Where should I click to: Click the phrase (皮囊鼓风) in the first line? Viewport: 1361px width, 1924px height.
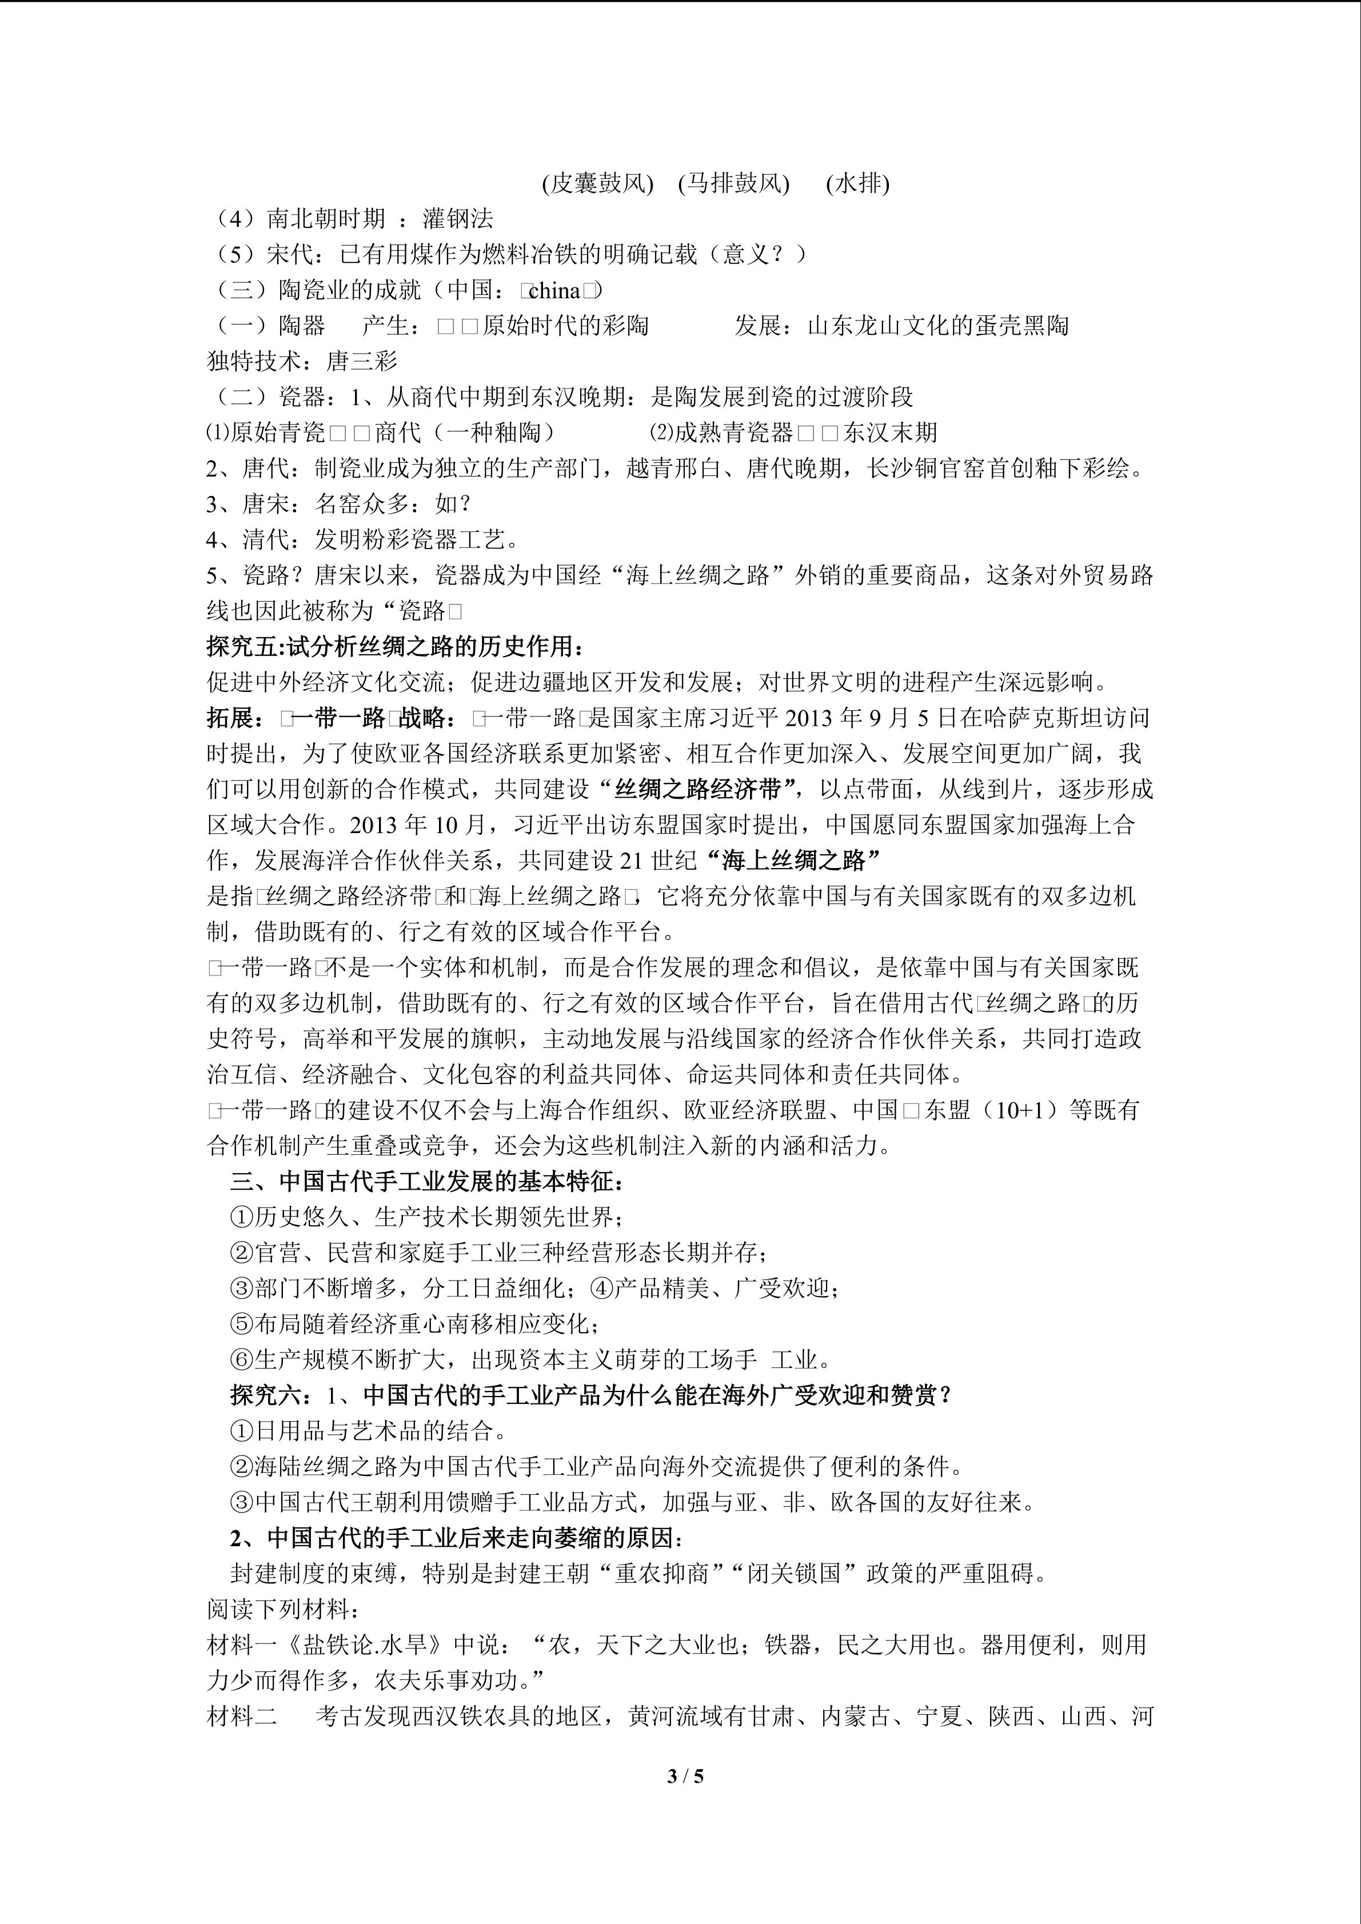597,183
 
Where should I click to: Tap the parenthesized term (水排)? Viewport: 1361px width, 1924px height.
857,183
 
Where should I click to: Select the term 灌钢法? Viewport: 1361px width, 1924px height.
458,219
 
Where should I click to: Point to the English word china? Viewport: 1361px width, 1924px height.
556,291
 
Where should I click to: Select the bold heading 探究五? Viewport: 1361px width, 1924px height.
243,646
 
